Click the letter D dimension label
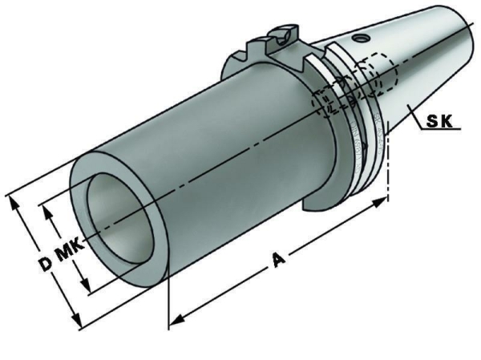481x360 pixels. pyautogui.click(x=46, y=264)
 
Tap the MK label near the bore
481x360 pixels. pyautogui.click(x=69, y=249)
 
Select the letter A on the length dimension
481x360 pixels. pyautogui.click(x=278, y=260)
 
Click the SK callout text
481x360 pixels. pyautogui.click(x=439, y=122)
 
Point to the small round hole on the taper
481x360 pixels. pyautogui.click(x=359, y=38)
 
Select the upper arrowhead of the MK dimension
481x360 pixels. pyautogui.click(x=47, y=212)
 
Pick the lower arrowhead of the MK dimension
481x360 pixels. pyautogui.click(x=85, y=285)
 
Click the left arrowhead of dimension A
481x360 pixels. pyautogui.click(x=177, y=320)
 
